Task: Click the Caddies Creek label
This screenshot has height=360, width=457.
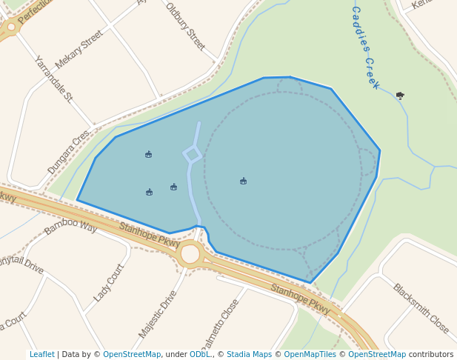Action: pyautogui.click(x=365, y=47)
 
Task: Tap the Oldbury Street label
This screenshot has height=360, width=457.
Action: pyautogui.click(x=184, y=27)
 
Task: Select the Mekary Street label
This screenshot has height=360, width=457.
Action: pyautogui.click(x=79, y=50)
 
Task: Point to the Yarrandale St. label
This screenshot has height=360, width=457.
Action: pyautogui.click(x=53, y=78)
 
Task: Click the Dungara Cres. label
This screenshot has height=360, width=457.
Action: pyautogui.click(x=69, y=152)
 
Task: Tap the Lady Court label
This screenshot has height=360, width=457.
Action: pyautogui.click(x=109, y=283)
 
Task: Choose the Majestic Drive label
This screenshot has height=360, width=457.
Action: pyautogui.click(x=158, y=314)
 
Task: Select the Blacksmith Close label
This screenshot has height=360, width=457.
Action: pyautogui.click(x=421, y=308)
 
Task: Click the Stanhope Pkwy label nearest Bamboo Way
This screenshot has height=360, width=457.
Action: pyautogui.click(x=150, y=235)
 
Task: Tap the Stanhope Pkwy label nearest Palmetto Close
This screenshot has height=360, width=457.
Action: pyautogui.click(x=300, y=298)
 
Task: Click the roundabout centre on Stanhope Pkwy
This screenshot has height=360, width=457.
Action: pyautogui.click(x=190, y=254)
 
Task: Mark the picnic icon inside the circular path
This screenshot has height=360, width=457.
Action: pyautogui.click(x=243, y=181)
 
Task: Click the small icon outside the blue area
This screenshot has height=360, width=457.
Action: pyautogui.click(x=400, y=95)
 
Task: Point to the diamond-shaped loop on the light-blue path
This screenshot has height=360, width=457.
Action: pyautogui.click(x=192, y=154)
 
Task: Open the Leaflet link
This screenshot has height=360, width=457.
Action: pyautogui.click(x=42, y=355)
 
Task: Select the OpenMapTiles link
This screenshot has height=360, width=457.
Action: pyautogui.click(x=308, y=355)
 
